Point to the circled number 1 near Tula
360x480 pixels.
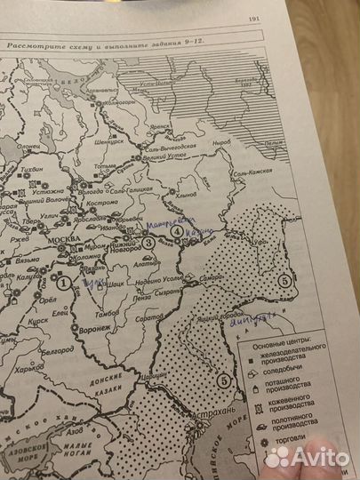[x=63, y=283]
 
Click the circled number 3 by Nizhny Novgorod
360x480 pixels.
[x=148, y=241]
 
